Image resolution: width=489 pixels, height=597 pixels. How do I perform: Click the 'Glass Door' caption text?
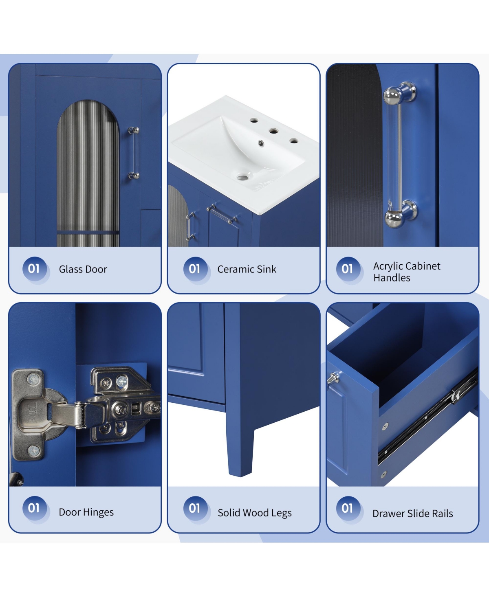83,269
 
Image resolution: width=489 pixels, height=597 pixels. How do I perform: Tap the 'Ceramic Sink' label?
247,269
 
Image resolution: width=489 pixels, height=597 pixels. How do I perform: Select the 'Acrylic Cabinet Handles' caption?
407,272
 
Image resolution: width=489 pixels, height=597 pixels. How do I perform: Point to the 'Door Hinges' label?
86,512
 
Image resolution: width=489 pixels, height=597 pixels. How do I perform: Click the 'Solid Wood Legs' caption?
255,513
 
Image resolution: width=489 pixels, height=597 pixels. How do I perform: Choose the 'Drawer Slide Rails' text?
412,514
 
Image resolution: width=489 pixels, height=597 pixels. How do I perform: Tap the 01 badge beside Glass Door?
34,269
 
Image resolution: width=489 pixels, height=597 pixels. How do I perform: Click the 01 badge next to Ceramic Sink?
195,269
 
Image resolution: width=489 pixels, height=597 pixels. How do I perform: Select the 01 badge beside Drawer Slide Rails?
348,508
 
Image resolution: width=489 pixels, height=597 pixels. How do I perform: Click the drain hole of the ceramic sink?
242,178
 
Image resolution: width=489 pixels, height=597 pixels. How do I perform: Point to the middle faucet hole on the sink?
273,131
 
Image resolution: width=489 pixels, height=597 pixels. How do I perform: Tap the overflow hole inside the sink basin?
261,143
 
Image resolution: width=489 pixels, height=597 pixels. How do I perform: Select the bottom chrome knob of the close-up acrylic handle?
401,214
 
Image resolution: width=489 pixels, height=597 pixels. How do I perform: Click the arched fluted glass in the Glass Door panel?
88,173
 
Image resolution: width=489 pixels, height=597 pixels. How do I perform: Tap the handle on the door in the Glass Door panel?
134,153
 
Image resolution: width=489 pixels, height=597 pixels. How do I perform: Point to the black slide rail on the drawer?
428,416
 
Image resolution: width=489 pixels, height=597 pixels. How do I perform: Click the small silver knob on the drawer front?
333,378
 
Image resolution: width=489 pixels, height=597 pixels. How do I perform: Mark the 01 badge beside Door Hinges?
34,508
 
